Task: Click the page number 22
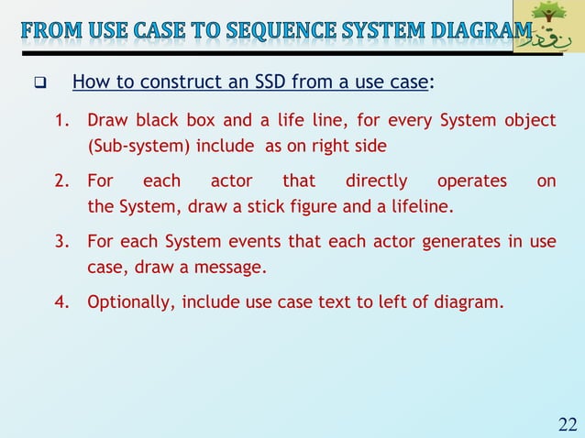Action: coord(567,422)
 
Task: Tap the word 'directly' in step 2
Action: coord(376,181)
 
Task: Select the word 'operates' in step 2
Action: coord(471,181)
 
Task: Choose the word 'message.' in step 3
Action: coord(237,267)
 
